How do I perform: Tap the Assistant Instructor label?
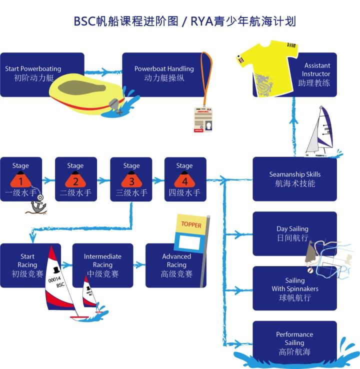coord(317,74)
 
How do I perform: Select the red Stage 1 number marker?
coord(20,180)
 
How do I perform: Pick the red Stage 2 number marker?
coord(75,180)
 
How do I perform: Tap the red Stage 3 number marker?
coord(131,180)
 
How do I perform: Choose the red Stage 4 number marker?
coord(184,180)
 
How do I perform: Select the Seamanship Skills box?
coord(294,179)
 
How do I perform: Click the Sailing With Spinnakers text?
coord(295,289)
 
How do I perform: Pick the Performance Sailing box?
coord(294,343)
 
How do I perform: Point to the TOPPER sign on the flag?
coord(191,225)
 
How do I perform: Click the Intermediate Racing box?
coord(102,265)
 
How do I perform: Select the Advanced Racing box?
coord(176,265)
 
